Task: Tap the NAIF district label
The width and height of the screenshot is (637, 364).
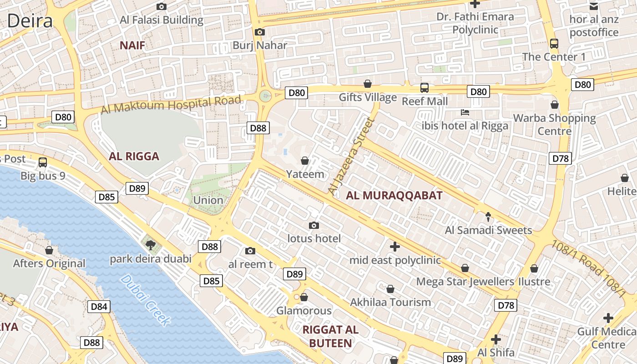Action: point(132,45)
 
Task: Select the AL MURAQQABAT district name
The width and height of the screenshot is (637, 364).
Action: point(394,196)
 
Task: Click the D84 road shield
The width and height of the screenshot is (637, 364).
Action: point(99,307)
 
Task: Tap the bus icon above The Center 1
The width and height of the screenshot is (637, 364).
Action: point(554,44)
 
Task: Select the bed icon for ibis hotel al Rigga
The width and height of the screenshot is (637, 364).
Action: point(465,112)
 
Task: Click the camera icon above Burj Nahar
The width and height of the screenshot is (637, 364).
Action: point(260,32)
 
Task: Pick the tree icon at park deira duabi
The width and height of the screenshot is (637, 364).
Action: point(151,245)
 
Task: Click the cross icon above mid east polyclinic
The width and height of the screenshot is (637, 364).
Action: point(395,247)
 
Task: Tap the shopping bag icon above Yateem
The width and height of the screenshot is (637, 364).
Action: point(305,161)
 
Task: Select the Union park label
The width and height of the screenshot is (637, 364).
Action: point(208,200)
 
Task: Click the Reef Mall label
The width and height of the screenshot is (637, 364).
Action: point(425,101)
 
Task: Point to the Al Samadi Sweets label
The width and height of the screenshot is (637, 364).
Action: point(488,230)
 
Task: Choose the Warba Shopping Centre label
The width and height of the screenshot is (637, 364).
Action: point(554,125)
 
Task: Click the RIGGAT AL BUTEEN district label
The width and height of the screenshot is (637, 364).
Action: point(331,337)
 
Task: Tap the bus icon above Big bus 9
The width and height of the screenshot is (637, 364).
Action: point(43,162)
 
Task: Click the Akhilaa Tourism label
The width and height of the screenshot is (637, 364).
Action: point(390,302)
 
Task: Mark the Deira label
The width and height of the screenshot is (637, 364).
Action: point(30,21)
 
